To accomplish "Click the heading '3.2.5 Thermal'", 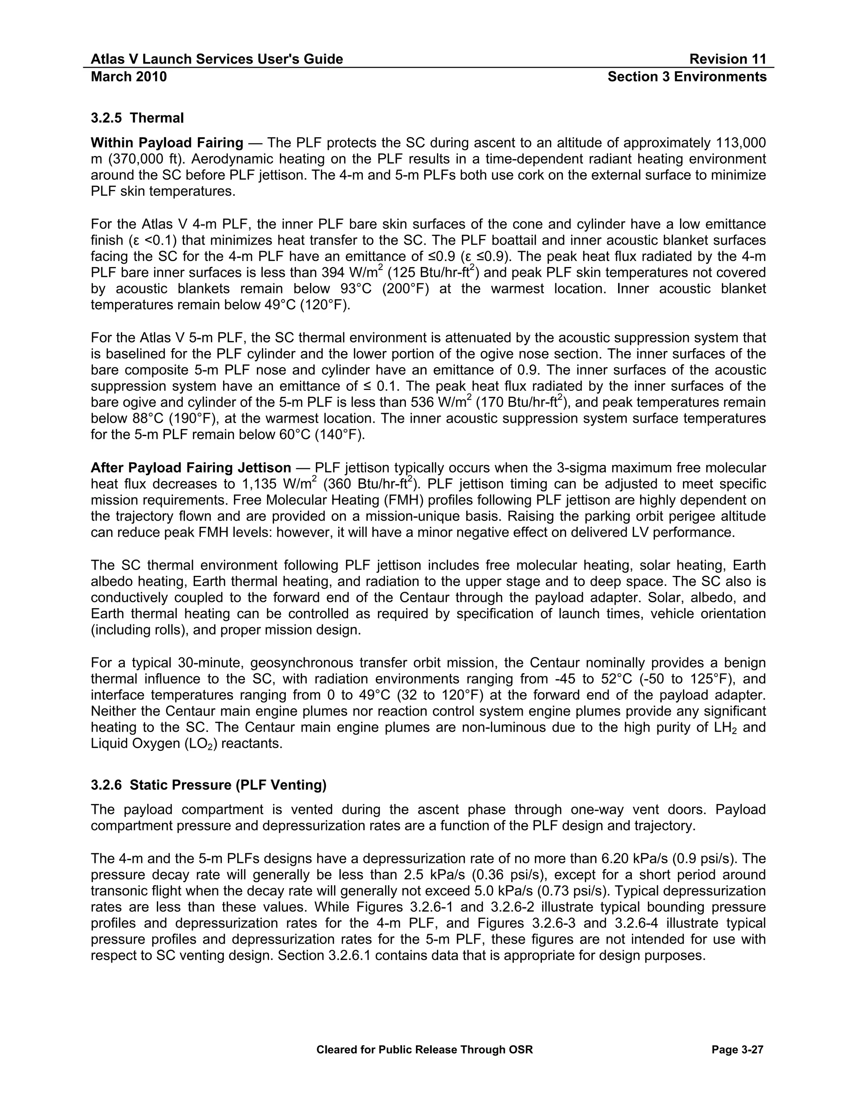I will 137,118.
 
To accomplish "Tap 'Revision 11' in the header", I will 728,59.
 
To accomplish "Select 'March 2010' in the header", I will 128,77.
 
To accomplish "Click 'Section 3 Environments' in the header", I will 687,77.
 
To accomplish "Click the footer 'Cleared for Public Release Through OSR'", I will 424,1050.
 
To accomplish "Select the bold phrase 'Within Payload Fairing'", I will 167,143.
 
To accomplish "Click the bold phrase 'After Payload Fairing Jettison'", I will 190,468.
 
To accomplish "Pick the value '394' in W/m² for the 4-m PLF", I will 333,273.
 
